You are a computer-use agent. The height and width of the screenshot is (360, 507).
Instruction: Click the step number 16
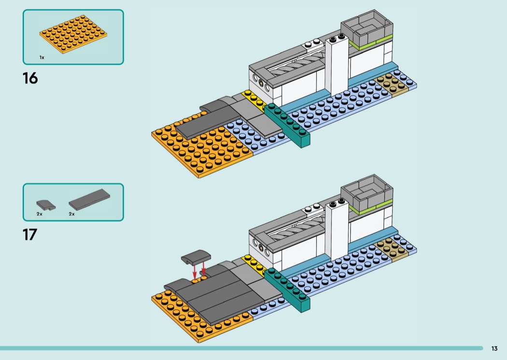click(30, 78)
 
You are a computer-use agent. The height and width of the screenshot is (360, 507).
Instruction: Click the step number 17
click(29, 235)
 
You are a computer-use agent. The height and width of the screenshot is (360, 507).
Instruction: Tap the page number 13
click(494, 348)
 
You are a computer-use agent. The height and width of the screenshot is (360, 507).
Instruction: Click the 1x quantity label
click(42, 57)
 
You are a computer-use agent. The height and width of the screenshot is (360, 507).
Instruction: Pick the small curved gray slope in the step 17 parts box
click(46, 204)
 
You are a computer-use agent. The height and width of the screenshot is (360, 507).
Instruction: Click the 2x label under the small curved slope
click(40, 213)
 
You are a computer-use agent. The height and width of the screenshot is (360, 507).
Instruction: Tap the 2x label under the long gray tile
click(71, 213)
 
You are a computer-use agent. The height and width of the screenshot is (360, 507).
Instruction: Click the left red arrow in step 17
click(195, 270)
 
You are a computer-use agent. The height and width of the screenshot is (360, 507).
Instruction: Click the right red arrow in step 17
click(203, 268)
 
